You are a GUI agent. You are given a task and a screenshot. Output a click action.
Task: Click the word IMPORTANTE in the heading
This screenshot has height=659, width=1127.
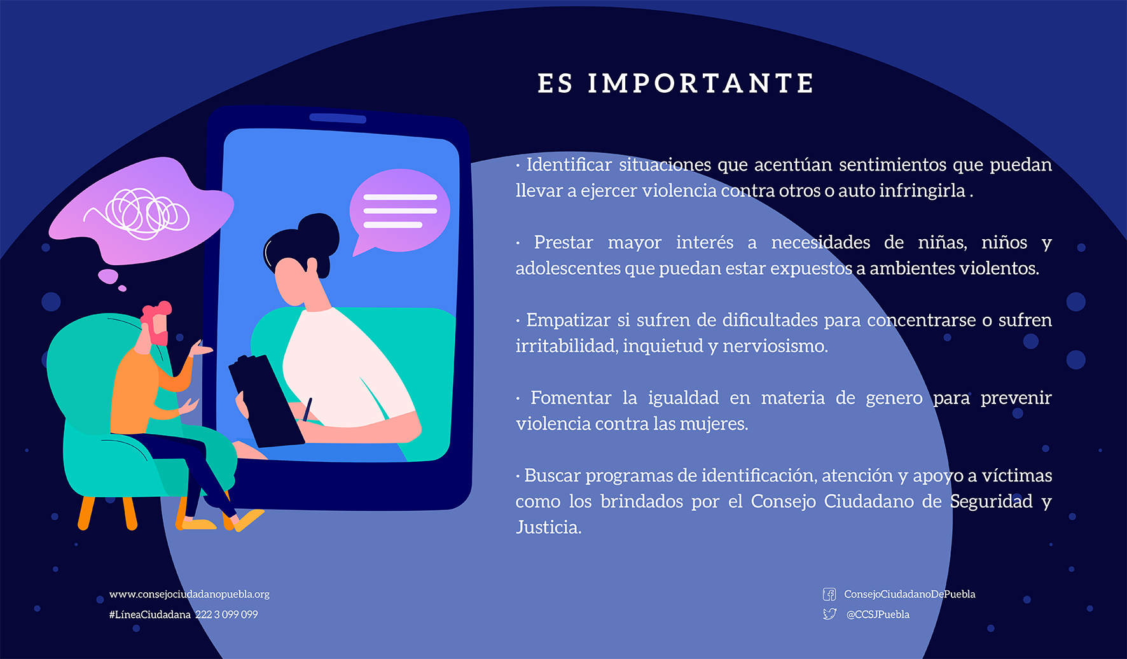point(701,83)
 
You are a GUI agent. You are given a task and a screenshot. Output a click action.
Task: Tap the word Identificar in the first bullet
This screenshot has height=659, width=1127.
point(569,164)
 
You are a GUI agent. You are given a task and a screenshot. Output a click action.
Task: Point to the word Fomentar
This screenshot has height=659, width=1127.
point(570,398)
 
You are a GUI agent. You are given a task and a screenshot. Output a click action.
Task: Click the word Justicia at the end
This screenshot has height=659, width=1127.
point(548,527)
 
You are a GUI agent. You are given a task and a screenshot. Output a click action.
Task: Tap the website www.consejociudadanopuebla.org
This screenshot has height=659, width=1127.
point(190,594)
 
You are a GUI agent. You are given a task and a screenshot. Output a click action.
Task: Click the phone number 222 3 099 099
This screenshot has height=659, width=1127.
point(226,614)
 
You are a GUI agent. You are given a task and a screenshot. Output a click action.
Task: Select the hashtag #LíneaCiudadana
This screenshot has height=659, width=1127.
point(150,614)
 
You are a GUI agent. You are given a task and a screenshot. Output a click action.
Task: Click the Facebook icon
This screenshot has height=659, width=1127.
point(829,594)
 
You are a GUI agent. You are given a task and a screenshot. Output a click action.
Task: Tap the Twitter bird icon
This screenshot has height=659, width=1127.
point(829,614)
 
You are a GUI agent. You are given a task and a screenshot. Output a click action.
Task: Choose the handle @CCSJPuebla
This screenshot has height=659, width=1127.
point(878,614)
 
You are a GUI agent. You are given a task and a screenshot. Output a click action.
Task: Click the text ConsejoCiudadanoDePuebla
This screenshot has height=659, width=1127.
point(909,594)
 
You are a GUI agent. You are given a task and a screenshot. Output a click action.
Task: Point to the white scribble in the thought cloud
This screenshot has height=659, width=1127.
point(141,213)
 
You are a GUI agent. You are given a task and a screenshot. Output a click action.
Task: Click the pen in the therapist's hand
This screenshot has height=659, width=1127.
point(308,410)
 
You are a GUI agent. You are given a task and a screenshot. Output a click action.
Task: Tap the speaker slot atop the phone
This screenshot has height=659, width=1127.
point(338,118)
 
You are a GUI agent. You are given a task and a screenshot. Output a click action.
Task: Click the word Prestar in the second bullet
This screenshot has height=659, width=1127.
point(563,242)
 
